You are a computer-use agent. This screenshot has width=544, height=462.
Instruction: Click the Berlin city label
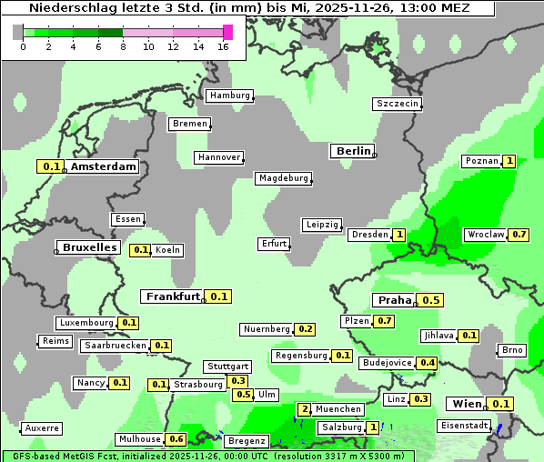tap(353, 151)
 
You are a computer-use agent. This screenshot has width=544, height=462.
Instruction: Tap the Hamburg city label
tap(229, 95)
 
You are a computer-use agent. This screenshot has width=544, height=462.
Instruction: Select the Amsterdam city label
tap(104, 166)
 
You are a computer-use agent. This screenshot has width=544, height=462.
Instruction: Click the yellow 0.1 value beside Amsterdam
tap(51, 166)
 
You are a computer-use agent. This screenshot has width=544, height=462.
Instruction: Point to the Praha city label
tap(395, 300)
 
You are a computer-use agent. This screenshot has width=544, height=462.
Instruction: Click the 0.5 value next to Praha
tap(431, 300)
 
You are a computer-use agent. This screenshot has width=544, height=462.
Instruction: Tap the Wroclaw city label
tap(485, 235)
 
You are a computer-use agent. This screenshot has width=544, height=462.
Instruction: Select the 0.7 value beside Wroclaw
tap(519, 235)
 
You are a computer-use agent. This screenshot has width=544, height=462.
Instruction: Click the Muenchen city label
tap(338, 409)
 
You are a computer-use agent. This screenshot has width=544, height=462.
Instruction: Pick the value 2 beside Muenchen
tap(305, 409)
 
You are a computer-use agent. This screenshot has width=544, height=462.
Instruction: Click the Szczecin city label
tap(398, 104)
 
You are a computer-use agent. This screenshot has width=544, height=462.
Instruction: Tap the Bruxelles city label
tap(88, 247)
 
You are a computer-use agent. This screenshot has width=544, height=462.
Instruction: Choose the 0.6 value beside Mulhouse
tap(176, 439)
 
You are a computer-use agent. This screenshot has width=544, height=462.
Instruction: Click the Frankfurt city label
tap(173, 296)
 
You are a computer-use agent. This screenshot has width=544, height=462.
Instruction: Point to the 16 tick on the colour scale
tap(224, 46)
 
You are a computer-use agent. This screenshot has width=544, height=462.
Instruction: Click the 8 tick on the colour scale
tap(123, 46)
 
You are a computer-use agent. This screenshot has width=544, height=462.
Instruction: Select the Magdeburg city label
tap(283, 178)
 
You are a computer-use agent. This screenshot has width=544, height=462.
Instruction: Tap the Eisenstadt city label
tap(462, 426)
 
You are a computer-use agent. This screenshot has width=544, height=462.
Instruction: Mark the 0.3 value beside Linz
tap(420, 399)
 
